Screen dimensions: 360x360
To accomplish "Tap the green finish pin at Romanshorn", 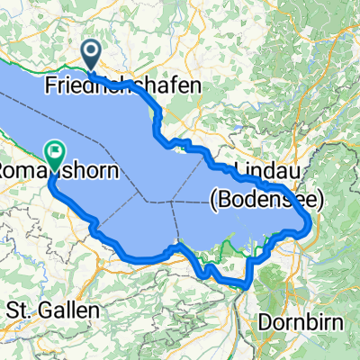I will click(56, 156).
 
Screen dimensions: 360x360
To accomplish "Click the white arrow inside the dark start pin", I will click(92, 51).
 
